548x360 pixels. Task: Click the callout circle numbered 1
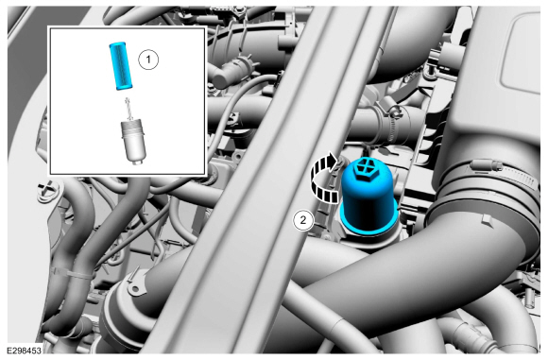click(148, 60)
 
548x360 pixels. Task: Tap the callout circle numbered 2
click(303, 220)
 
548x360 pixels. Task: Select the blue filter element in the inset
click(119, 66)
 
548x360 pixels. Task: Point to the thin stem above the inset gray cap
click(128, 109)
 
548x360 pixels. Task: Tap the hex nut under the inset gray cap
click(137, 162)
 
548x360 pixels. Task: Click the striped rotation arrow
click(323, 179)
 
